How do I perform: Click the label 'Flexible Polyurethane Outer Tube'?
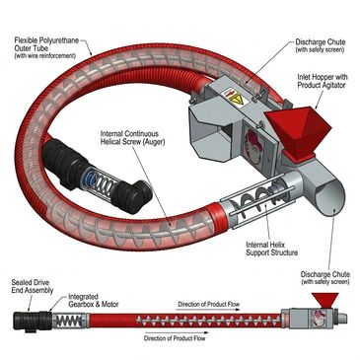(x=46, y=44)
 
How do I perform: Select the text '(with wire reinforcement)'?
(x=45, y=56)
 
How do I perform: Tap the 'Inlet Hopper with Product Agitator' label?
(x=322, y=81)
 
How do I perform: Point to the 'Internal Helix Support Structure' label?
(x=271, y=249)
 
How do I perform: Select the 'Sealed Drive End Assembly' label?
(x=33, y=286)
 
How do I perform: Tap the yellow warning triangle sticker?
(x=236, y=99)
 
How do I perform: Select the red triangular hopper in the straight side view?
(x=324, y=300)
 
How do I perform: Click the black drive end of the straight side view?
(x=33, y=322)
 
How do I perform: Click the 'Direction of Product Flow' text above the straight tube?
(x=208, y=304)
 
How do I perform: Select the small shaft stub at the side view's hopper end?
(x=342, y=319)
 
